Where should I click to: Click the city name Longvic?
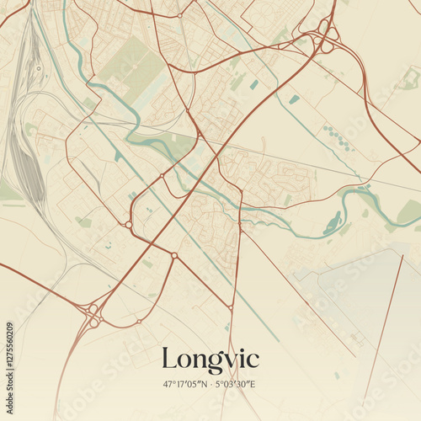point(210,359)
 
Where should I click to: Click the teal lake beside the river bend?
point(333,224)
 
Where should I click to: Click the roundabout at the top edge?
point(180,15)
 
